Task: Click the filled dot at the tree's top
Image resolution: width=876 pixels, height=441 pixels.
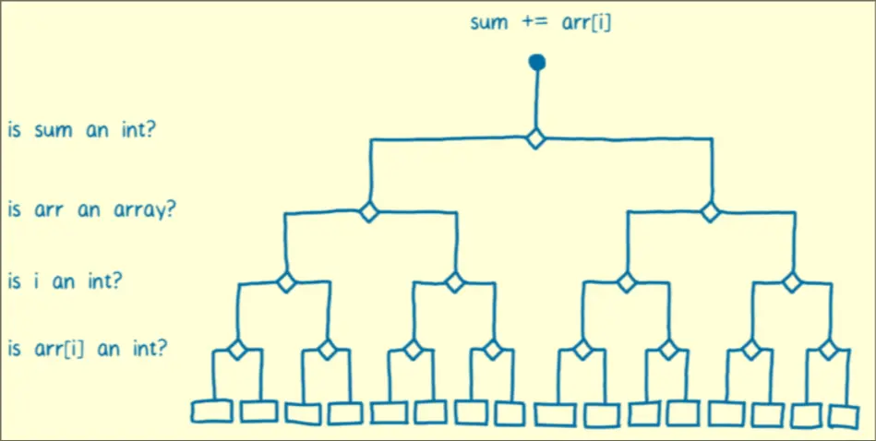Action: pyautogui.click(x=536, y=63)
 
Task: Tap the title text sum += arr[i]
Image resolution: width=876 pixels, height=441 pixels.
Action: pyautogui.click(x=540, y=21)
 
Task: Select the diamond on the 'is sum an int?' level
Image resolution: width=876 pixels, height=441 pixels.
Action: pyautogui.click(x=535, y=139)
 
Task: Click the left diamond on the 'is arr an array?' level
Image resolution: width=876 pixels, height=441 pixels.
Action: pyautogui.click(x=368, y=211)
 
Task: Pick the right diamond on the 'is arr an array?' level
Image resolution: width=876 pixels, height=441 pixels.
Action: pyautogui.click(x=709, y=211)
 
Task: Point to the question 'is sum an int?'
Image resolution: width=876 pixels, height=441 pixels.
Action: pyautogui.click(x=81, y=129)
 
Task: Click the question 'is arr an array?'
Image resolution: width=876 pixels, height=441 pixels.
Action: pyautogui.click(x=91, y=209)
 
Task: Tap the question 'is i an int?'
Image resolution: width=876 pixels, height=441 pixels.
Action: pyautogui.click(x=66, y=281)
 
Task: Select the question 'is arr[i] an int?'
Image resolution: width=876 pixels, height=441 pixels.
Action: pyautogui.click(x=88, y=349)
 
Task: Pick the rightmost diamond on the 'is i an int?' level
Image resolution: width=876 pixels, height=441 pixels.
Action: pyautogui.click(x=791, y=281)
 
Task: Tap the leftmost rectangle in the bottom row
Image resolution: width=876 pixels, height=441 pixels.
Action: pyautogui.click(x=212, y=411)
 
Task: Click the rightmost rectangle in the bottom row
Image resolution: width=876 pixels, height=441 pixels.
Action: pyautogui.click(x=844, y=415)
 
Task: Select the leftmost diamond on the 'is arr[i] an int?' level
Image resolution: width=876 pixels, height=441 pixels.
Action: pyautogui.click(x=237, y=350)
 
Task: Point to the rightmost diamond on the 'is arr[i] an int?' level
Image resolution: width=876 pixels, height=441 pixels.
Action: pyautogui.click(x=828, y=350)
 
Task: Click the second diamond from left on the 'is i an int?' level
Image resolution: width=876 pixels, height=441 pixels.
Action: pyautogui.click(x=454, y=281)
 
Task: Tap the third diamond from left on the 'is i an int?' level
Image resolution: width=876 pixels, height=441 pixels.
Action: pyautogui.click(x=627, y=281)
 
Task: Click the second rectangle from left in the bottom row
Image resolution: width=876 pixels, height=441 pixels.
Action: pyautogui.click(x=258, y=411)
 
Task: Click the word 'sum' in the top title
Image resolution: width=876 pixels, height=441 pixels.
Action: pyautogui.click(x=489, y=21)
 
